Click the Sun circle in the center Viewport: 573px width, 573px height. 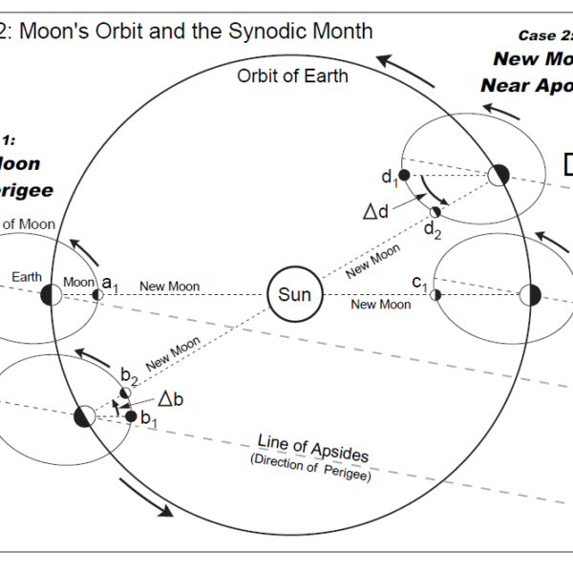pos(294,295)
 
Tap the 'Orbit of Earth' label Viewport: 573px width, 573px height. pos(292,75)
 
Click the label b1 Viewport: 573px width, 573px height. pos(148,418)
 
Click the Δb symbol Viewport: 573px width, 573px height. pos(170,398)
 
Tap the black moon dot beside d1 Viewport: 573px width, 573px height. pos(404,176)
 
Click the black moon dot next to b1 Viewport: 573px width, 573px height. pos(132,415)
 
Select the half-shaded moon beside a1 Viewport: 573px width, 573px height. pos(96,294)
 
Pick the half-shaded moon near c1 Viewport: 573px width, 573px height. pos(435,295)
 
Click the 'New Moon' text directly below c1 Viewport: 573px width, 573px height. pos(380,305)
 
